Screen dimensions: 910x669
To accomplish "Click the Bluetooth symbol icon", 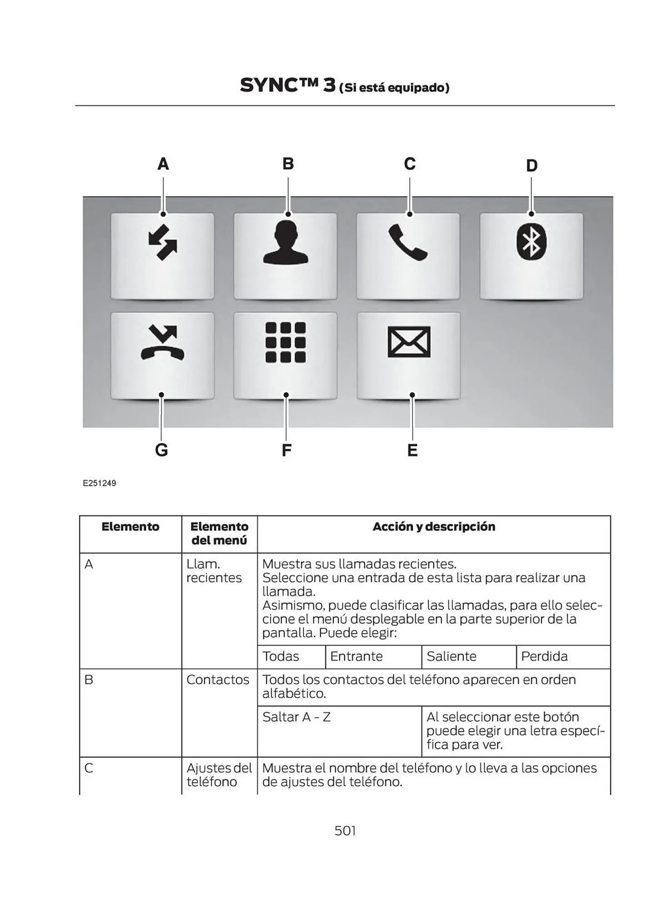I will point(531,243).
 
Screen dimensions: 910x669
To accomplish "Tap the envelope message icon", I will point(409,342).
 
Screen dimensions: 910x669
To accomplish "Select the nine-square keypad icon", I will point(286,342).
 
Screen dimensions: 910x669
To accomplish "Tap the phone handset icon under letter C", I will point(407,243).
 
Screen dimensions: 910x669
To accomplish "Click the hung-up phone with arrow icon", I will point(162,343).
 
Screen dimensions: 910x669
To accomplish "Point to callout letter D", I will point(532,166).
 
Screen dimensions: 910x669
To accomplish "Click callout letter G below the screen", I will point(161,450).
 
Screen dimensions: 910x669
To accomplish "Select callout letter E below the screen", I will point(412,450).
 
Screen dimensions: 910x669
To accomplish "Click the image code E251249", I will point(99,483).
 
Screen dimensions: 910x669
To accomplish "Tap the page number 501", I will point(345,831).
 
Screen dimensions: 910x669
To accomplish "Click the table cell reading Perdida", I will point(544,656).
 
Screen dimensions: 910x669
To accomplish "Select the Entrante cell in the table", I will point(357,656).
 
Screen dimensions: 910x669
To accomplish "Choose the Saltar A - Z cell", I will point(297,717).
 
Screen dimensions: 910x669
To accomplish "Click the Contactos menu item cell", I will point(218,680).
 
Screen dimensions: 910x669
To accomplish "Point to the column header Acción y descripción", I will point(433,526).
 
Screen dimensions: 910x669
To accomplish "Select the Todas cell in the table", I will point(281,656).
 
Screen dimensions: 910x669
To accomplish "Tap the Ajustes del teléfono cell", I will point(219,775).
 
